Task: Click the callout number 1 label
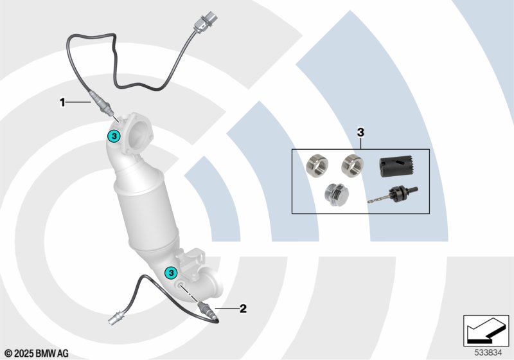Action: [62, 102]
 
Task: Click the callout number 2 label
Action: [243, 309]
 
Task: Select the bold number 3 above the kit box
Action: [360, 132]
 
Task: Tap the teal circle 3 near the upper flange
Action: [114, 136]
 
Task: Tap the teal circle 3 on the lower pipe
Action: [171, 272]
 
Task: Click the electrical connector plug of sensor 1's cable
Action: [202, 22]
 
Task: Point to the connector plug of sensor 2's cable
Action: [116, 318]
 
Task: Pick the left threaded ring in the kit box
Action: [316, 165]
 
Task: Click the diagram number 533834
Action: [488, 352]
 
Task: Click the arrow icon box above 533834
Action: [486, 330]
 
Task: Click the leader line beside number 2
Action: [227, 309]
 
